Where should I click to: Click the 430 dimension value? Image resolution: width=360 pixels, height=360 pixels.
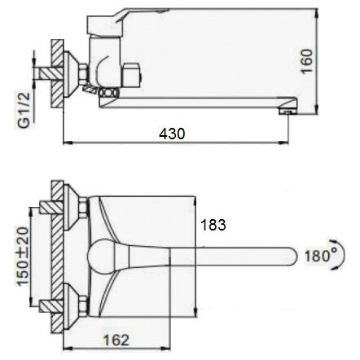172,134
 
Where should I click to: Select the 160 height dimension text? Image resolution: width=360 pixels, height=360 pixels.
307,61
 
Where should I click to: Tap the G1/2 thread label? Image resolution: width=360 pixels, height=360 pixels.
24,110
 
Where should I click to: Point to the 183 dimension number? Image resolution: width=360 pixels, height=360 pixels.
213,225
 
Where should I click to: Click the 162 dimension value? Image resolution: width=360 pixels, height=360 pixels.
116,340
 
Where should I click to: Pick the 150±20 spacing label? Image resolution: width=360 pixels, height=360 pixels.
23,256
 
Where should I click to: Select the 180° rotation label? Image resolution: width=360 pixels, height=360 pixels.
320,255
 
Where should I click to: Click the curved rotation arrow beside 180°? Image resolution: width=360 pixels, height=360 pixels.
340,254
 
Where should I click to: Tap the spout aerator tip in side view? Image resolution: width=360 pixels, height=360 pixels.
288,112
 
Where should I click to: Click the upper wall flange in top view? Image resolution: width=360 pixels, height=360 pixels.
70,207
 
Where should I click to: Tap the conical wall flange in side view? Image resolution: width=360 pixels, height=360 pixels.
70,74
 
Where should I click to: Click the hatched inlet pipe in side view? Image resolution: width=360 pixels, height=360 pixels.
50,73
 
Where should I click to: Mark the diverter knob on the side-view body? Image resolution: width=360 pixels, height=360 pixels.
132,76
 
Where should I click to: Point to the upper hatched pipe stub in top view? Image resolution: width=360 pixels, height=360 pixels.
51,207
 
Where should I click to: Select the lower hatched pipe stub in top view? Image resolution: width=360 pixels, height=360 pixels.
51,306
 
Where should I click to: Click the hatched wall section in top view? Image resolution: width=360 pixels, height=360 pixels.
57,257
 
